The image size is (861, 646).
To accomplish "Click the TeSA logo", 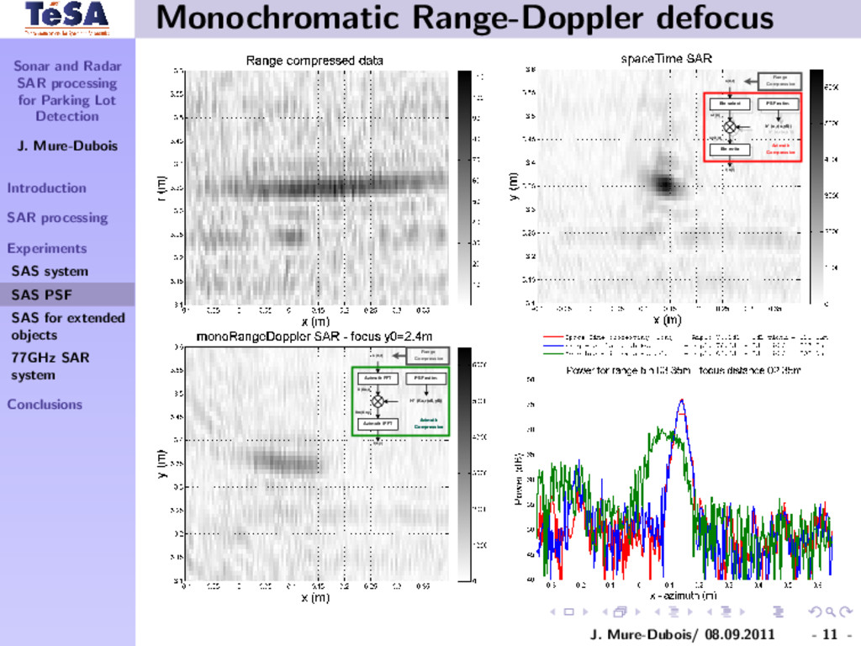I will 66,18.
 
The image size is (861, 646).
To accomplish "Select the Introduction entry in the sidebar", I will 46,188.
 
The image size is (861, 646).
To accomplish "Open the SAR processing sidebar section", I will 57,218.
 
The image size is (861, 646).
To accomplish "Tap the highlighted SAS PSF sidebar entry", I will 41,294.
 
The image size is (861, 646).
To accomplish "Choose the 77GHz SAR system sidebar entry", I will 50,366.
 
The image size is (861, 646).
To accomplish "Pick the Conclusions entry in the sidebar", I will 45,404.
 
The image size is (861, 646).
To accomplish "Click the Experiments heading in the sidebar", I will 46,248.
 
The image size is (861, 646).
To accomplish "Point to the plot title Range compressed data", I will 314,61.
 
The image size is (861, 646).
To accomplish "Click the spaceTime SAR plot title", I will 666,59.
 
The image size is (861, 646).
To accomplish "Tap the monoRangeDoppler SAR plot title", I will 314,336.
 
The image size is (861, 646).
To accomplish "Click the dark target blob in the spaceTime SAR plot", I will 665,184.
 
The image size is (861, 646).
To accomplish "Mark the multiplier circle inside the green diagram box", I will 378,401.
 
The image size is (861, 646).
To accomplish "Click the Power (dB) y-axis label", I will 520,479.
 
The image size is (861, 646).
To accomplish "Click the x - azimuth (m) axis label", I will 682,596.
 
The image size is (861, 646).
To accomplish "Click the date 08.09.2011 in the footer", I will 739,633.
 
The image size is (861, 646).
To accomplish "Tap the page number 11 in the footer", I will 831,633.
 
